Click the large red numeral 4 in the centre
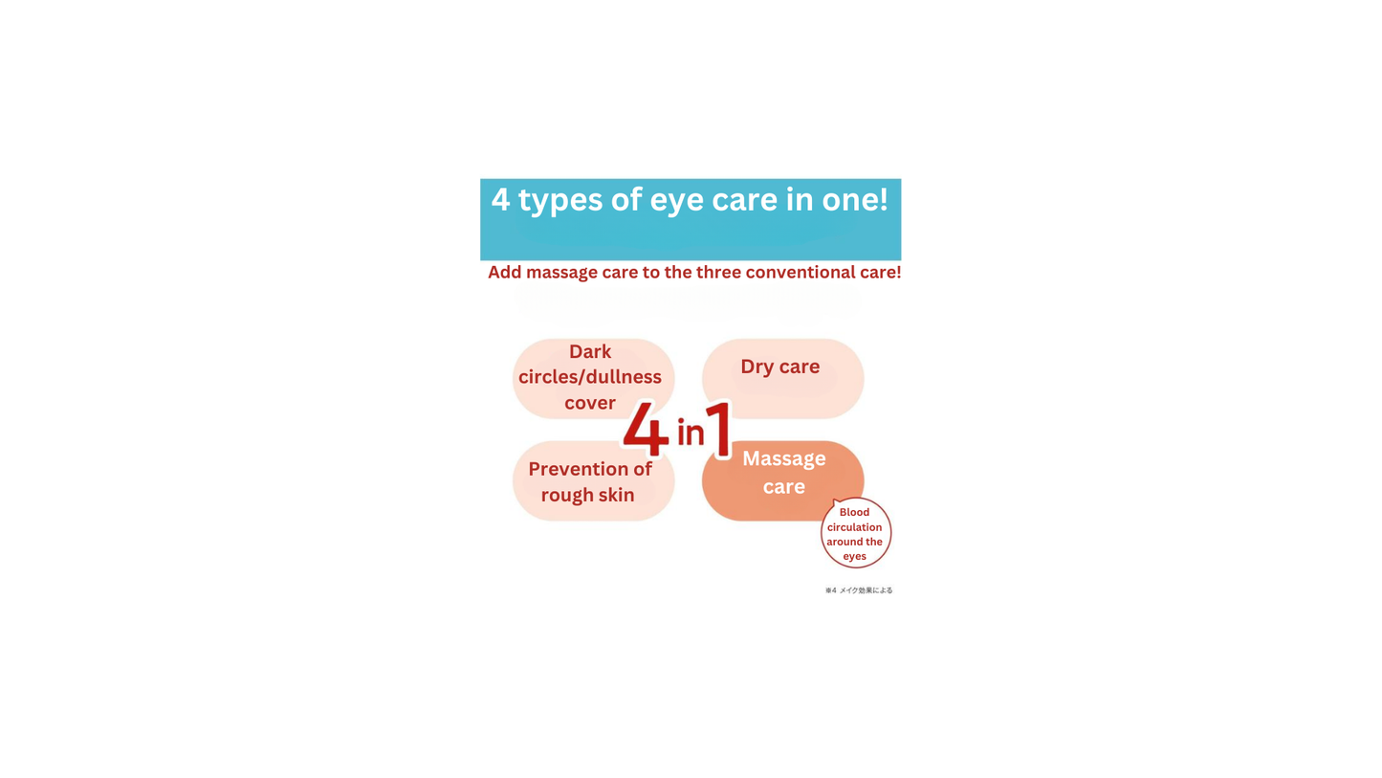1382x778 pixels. coord(646,430)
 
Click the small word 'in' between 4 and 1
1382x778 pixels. coord(690,433)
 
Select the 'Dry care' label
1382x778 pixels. coord(779,367)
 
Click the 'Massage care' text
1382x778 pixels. coord(783,472)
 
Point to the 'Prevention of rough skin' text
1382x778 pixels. coord(589,481)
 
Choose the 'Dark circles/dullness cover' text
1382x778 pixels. coord(590,377)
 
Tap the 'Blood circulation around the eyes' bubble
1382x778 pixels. coord(855,533)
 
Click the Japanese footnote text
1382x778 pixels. coord(859,590)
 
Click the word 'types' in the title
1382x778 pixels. coord(560,200)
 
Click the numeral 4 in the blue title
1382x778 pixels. coord(500,200)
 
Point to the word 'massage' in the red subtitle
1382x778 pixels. coord(561,273)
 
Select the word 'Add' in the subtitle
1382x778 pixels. coord(504,273)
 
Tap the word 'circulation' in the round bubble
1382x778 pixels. coord(854,527)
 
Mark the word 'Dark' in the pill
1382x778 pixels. coord(590,351)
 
